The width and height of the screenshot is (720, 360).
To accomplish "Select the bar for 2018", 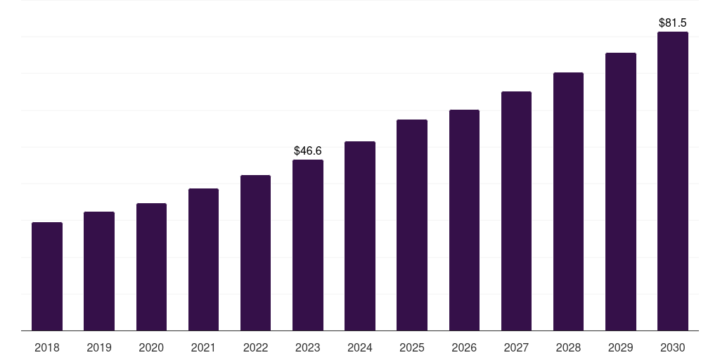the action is pos(47,276).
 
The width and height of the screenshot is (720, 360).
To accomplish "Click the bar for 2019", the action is pos(99,271).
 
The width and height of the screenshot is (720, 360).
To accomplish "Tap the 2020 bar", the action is pos(152,266).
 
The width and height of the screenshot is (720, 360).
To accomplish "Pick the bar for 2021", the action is pos(203,259).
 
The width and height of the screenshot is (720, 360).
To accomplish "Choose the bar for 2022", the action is pos(255,253).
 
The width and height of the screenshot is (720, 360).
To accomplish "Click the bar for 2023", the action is pos(308,245).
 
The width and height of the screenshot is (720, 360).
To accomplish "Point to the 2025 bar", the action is pos(412,225).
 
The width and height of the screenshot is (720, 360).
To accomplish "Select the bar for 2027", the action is pos(516,211).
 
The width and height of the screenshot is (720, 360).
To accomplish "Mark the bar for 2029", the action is pos(621,192).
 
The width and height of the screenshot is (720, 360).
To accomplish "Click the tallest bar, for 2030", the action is pos(673,181).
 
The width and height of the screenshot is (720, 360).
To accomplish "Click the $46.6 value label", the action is pos(308,150).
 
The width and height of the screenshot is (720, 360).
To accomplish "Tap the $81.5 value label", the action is pos(673,23).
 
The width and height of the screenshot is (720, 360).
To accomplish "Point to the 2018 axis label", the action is pos(47,347).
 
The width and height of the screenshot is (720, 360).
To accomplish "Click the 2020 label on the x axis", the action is pos(151,347).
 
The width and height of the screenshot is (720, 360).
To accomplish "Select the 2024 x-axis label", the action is pos(360,347).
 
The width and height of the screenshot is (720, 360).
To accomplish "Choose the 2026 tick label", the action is pos(464,347).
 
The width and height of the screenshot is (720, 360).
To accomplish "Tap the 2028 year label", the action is pos(568,347).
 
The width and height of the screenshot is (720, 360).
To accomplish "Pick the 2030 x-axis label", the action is pos(673,347).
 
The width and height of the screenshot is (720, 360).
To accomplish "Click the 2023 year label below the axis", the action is pos(308,347).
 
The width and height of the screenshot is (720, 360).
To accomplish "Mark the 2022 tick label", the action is pos(255,347).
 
